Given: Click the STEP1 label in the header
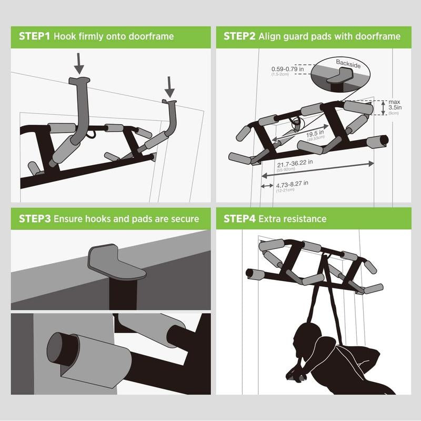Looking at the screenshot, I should [35, 37].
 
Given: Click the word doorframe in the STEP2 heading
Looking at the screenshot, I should [377, 37].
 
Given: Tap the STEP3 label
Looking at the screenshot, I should [35, 218].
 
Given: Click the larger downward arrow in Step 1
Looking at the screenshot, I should [79, 62].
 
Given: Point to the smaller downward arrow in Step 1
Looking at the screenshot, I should [170, 86].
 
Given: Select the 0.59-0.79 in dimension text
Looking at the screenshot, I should [287, 69].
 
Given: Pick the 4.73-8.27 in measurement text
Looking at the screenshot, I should [292, 184].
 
